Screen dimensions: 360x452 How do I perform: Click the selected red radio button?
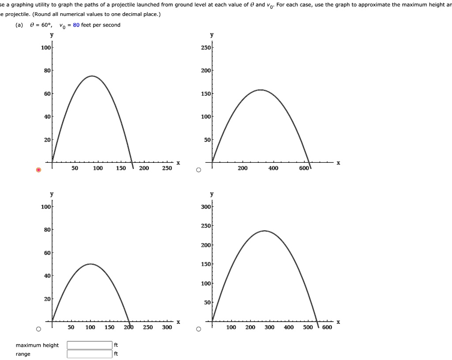pyautogui.click(x=38, y=170)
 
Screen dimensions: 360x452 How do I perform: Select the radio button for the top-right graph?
pyautogui.click(x=198, y=170)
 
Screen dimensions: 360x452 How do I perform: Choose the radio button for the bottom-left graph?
pyautogui.click(x=38, y=329)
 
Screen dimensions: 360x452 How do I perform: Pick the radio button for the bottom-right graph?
pyautogui.click(x=198, y=329)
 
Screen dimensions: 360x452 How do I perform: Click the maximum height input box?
pyautogui.click(x=90, y=345)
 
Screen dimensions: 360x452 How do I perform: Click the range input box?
pyautogui.click(x=90, y=354)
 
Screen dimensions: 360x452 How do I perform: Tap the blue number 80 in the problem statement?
pyautogui.click(x=76, y=25)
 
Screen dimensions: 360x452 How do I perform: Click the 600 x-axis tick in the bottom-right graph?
pyautogui.click(x=327, y=327)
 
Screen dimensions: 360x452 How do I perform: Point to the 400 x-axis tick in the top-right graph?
pyautogui.click(x=273, y=168)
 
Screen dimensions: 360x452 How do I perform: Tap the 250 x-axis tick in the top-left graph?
pyautogui.click(x=167, y=168)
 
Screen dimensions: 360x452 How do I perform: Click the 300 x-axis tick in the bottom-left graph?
pyautogui.click(x=167, y=327)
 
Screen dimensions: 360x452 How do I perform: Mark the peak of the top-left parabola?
pyautogui.click(x=92, y=76)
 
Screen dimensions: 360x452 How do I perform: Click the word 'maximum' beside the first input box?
pyautogui.click(x=28, y=345)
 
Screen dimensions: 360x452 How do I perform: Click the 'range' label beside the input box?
pyautogui.click(x=23, y=354)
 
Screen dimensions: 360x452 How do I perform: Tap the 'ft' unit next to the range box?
pyautogui.click(x=116, y=354)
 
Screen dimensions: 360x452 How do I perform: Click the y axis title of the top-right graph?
pyautogui.click(x=212, y=35)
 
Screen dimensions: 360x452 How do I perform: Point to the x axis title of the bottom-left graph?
pyautogui.click(x=178, y=322)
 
